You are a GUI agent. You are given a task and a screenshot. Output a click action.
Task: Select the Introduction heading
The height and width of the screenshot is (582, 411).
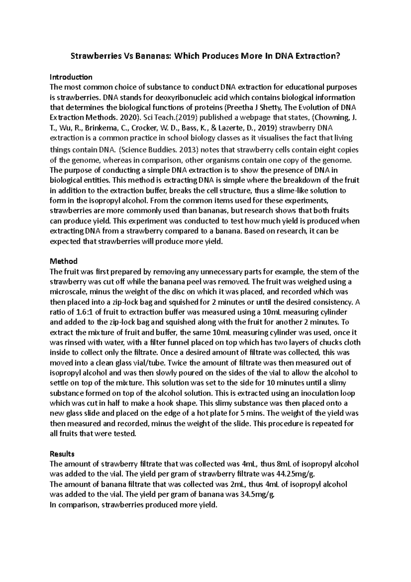[71, 77]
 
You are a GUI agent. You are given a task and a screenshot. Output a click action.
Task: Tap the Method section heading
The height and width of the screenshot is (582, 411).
[64, 261]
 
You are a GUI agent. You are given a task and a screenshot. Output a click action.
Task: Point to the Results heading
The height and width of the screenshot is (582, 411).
[62, 454]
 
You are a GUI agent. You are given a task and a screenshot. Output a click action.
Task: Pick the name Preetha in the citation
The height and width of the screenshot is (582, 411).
[237, 108]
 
